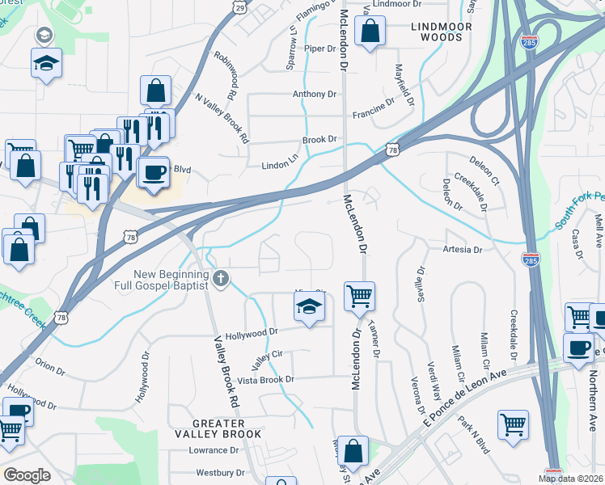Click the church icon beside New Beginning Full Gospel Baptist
click(220, 280)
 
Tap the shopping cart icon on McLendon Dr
click(359, 295)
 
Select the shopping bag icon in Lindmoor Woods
click(370, 32)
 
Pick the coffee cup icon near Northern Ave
click(579, 348)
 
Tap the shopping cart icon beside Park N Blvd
click(513, 424)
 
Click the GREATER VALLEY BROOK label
click(226, 428)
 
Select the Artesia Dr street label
click(463, 250)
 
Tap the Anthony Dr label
click(314, 95)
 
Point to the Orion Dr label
click(49, 367)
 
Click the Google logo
click(27, 474)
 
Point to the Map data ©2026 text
click(569, 479)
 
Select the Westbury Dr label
click(218, 472)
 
